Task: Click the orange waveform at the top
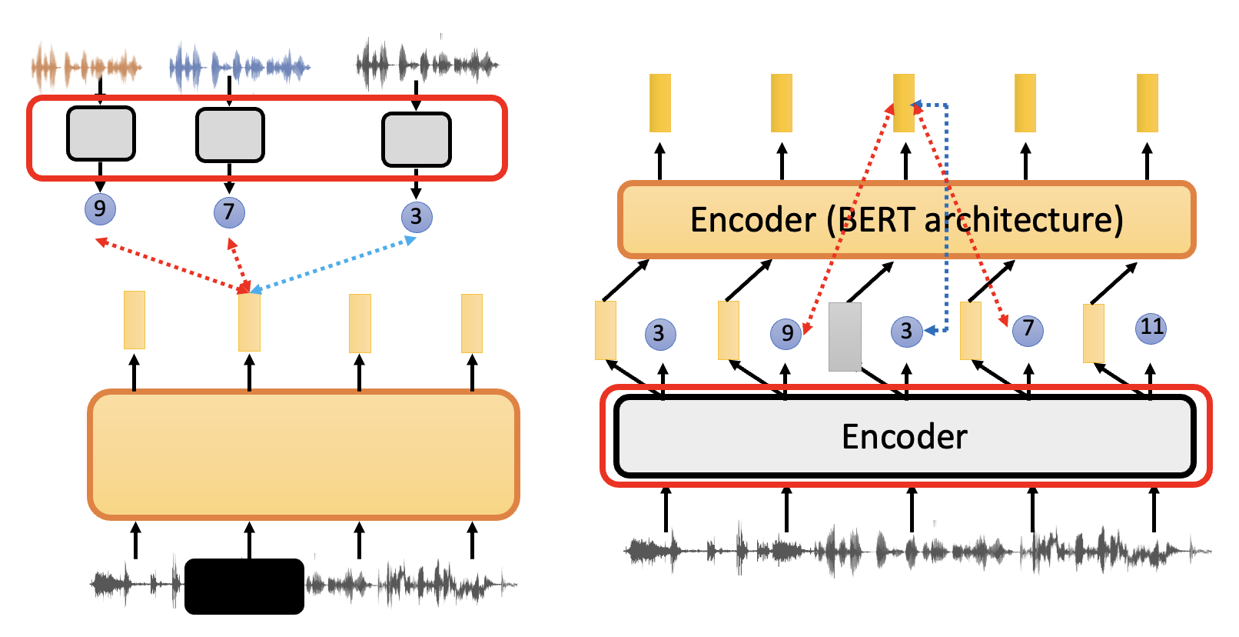pyautogui.click(x=86, y=68)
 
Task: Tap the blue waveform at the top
pyautogui.click(x=238, y=68)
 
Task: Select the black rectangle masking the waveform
pyautogui.click(x=244, y=586)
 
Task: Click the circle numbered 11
pyautogui.click(x=1151, y=328)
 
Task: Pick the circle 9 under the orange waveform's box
pyautogui.click(x=100, y=208)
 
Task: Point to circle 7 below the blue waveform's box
pyautogui.click(x=229, y=212)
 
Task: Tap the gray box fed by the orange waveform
pyautogui.click(x=101, y=134)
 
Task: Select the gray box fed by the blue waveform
pyautogui.click(x=230, y=135)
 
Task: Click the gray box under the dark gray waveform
pyautogui.click(x=416, y=139)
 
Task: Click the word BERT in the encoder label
pyautogui.click(x=876, y=220)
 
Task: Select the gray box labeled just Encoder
pyautogui.click(x=905, y=436)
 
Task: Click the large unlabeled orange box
pyautogui.click(x=304, y=454)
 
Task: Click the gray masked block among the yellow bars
pyautogui.click(x=845, y=337)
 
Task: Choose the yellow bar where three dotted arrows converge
pyautogui.click(x=249, y=322)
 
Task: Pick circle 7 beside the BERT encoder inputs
pyautogui.click(x=1028, y=330)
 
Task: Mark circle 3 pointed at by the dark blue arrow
pyautogui.click(x=906, y=332)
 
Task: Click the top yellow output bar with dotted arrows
pyautogui.click(x=904, y=102)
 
